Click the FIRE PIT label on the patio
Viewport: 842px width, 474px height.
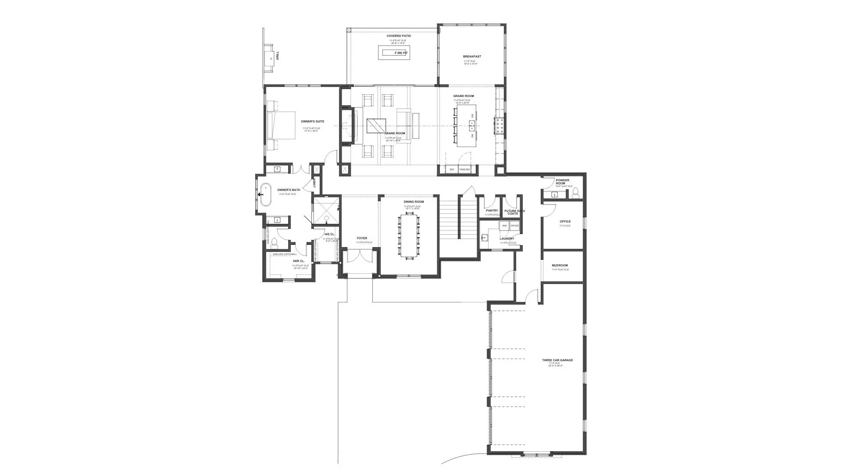coord(401,53)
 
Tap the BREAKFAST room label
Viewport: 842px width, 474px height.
coord(472,57)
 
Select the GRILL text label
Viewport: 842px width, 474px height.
coord(278,56)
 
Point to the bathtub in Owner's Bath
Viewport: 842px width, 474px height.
coord(265,194)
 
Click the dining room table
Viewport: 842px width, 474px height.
coord(409,235)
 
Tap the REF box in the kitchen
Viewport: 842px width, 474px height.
coord(452,169)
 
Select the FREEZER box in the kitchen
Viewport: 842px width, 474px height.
coord(464,169)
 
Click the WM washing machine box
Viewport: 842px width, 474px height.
coord(504,226)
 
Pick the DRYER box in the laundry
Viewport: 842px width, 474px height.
coord(514,226)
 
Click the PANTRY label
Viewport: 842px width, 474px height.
coord(492,211)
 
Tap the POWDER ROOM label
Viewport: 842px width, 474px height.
coord(563,182)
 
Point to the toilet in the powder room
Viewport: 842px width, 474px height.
coord(576,192)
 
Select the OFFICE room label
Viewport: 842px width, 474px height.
coord(565,222)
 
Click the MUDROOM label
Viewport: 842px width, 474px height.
coord(560,266)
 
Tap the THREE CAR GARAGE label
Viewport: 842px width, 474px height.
coord(557,360)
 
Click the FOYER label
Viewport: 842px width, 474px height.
coord(362,238)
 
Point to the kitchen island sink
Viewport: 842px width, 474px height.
coord(472,126)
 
